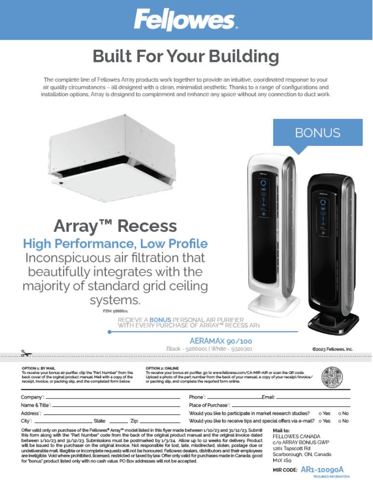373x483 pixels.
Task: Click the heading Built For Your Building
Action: pyautogui.click(x=186, y=57)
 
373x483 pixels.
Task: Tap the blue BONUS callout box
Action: pyautogui.click(x=318, y=132)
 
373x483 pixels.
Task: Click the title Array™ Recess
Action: pyautogui.click(x=115, y=226)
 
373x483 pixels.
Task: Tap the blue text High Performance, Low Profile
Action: pyautogui.click(x=115, y=243)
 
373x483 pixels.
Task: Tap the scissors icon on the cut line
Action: pyautogui.click(x=26, y=354)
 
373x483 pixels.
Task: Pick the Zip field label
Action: pyautogui.click(x=135, y=421)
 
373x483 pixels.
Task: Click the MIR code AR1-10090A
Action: pyautogui.click(x=322, y=469)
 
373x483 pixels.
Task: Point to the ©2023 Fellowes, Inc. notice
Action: pyautogui.click(x=333, y=348)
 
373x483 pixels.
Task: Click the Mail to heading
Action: pyautogui.click(x=281, y=429)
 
